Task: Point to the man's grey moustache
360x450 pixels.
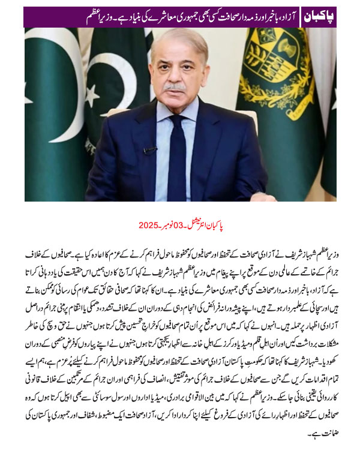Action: pyautogui.click(x=175, y=88)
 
